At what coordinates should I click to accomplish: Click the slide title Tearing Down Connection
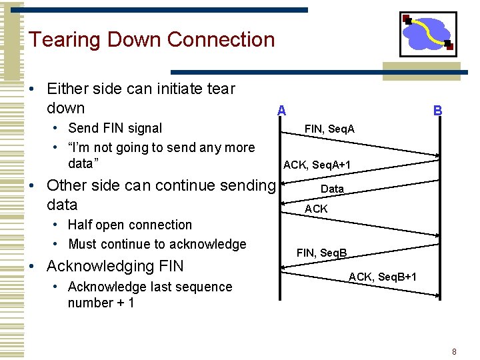point(151,40)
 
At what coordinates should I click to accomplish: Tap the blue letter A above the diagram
point(282,111)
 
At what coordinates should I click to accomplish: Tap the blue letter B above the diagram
point(437,111)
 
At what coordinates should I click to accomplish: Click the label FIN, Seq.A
point(329,128)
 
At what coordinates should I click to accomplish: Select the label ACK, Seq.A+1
point(317,165)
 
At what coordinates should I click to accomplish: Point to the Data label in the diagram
point(332,189)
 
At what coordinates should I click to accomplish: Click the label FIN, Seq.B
point(321,253)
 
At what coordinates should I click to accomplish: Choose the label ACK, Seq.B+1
point(383,276)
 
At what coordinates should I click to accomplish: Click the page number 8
point(454,351)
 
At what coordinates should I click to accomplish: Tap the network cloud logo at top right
point(428,34)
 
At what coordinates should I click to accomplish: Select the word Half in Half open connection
point(81,225)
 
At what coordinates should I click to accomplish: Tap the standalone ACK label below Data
point(316,209)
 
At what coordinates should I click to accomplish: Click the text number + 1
point(101,303)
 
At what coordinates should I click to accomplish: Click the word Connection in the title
point(221,40)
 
